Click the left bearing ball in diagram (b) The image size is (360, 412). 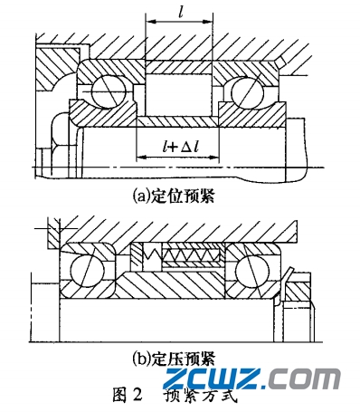coord(87,268)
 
